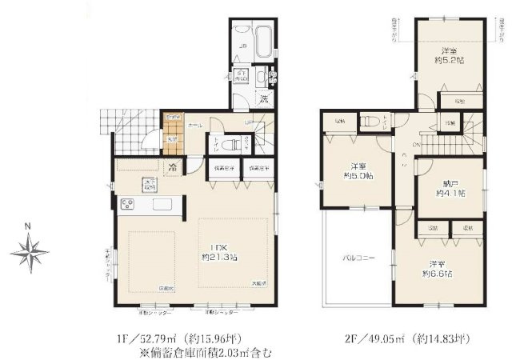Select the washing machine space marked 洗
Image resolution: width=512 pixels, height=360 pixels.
point(262,100)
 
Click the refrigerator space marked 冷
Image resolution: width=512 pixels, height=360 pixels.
point(172,168)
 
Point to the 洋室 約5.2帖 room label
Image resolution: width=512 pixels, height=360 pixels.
point(450,54)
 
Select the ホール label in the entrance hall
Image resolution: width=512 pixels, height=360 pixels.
point(195,126)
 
